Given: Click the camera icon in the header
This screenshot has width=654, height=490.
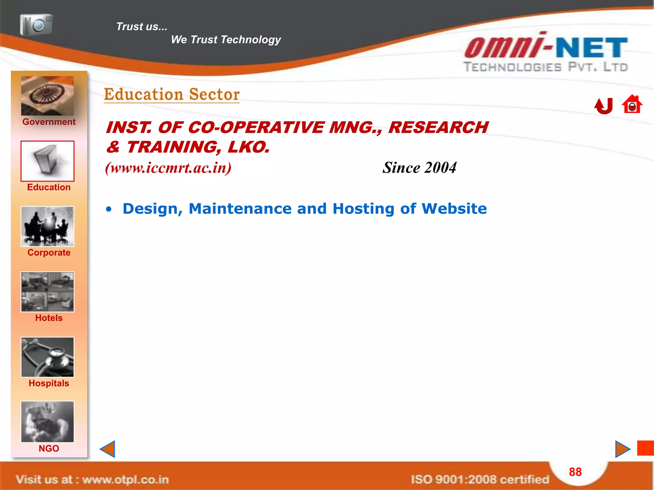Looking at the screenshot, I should [x=36, y=25].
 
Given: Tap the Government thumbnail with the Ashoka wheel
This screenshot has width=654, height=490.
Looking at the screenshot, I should [x=47, y=96].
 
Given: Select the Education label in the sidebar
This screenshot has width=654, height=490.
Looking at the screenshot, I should [x=49, y=187].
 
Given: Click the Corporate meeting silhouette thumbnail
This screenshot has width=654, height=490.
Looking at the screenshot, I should [x=47, y=226].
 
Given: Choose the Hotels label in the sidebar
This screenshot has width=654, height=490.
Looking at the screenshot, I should [x=49, y=318].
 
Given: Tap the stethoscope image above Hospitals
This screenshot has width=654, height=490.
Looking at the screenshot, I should [x=47, y=357].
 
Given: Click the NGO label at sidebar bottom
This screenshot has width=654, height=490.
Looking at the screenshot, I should [x=49, y=449].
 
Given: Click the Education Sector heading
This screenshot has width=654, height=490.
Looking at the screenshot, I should [x=172, y=94].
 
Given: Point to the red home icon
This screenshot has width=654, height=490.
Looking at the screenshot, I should [x=632, y=104].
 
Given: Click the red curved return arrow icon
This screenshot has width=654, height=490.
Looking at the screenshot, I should [x=604, y=106].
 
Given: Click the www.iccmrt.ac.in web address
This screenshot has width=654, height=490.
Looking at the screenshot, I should [x=168, y=168].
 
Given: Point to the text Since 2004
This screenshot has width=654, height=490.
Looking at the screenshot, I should [x=419, y=168].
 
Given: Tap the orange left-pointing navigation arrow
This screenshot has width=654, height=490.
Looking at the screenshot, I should [x=108, y=449].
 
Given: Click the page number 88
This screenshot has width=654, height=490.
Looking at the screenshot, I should [x=575, y=472].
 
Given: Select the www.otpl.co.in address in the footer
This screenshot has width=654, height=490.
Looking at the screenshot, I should [x=125, y=479].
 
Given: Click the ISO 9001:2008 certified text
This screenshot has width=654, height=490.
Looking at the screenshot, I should [x=480, y=479].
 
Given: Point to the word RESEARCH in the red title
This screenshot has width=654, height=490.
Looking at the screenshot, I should [x=438, y=127].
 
